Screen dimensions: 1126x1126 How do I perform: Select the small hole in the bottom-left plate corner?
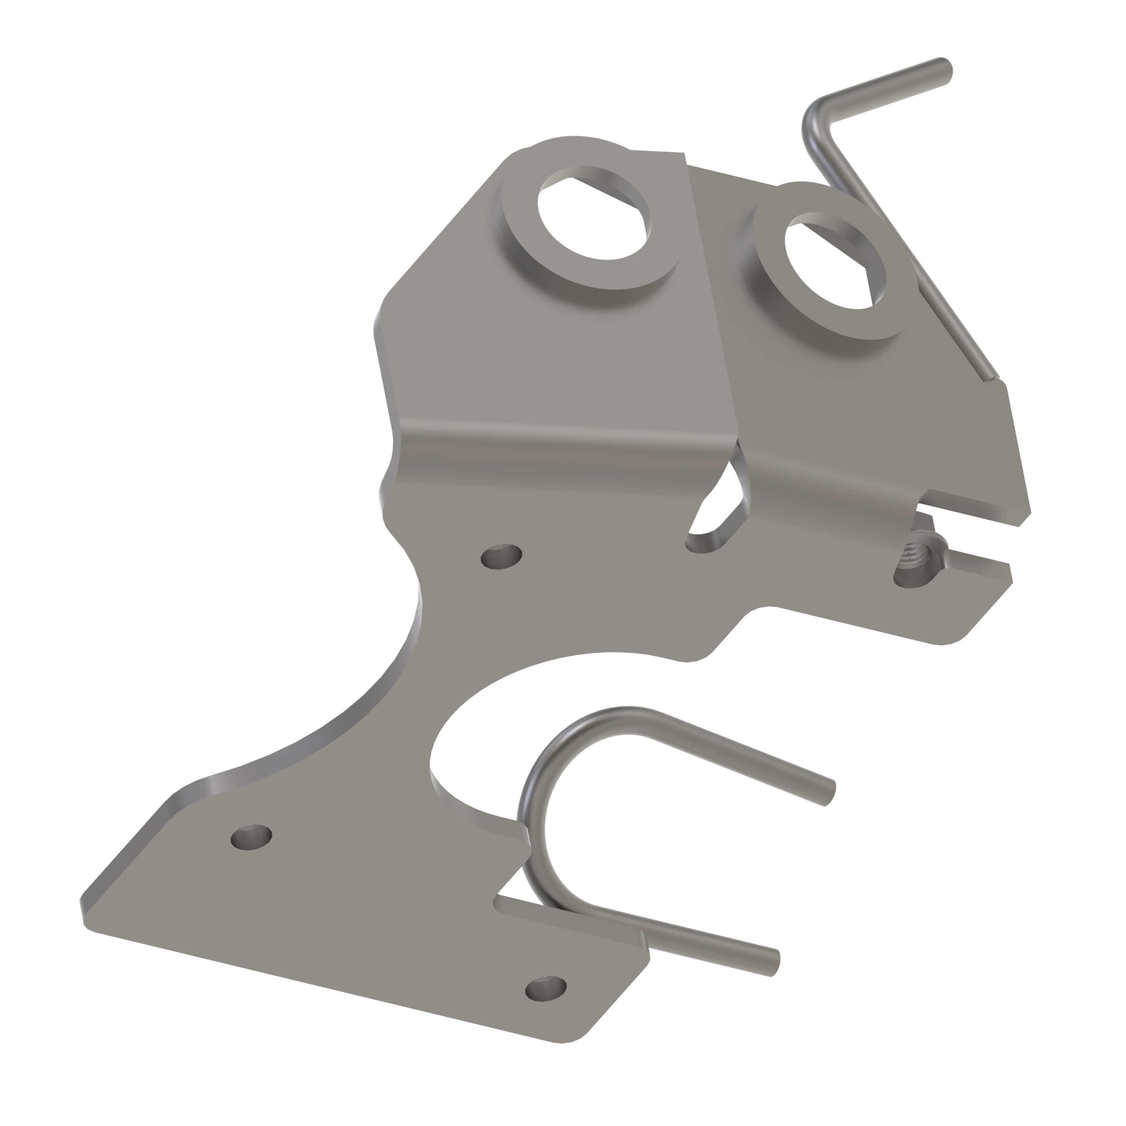coord(251,838)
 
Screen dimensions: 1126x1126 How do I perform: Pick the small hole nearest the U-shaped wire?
coord(546,989)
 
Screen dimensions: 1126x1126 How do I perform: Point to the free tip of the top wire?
coord(944,70)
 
